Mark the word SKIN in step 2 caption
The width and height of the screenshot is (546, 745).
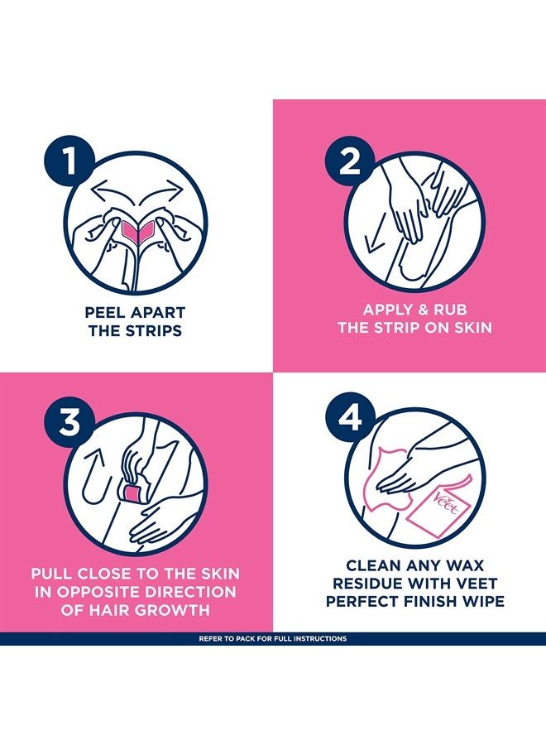pyautogui.click(x=472, y=327)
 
